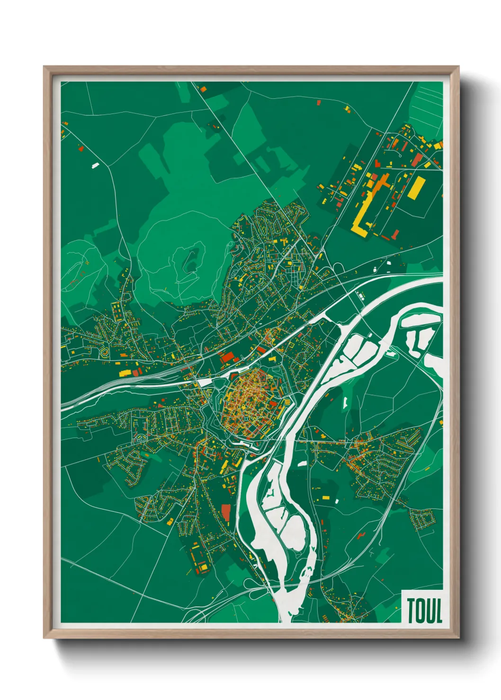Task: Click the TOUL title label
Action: [424, 611]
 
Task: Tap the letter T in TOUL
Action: [411, 611]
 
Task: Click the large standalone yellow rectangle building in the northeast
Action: [415, 188]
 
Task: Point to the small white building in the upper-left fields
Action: [95, 165]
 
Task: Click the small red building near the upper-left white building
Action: [81, 148]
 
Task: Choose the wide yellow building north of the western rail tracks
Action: [125, 373]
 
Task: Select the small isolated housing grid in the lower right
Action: [422, 519]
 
